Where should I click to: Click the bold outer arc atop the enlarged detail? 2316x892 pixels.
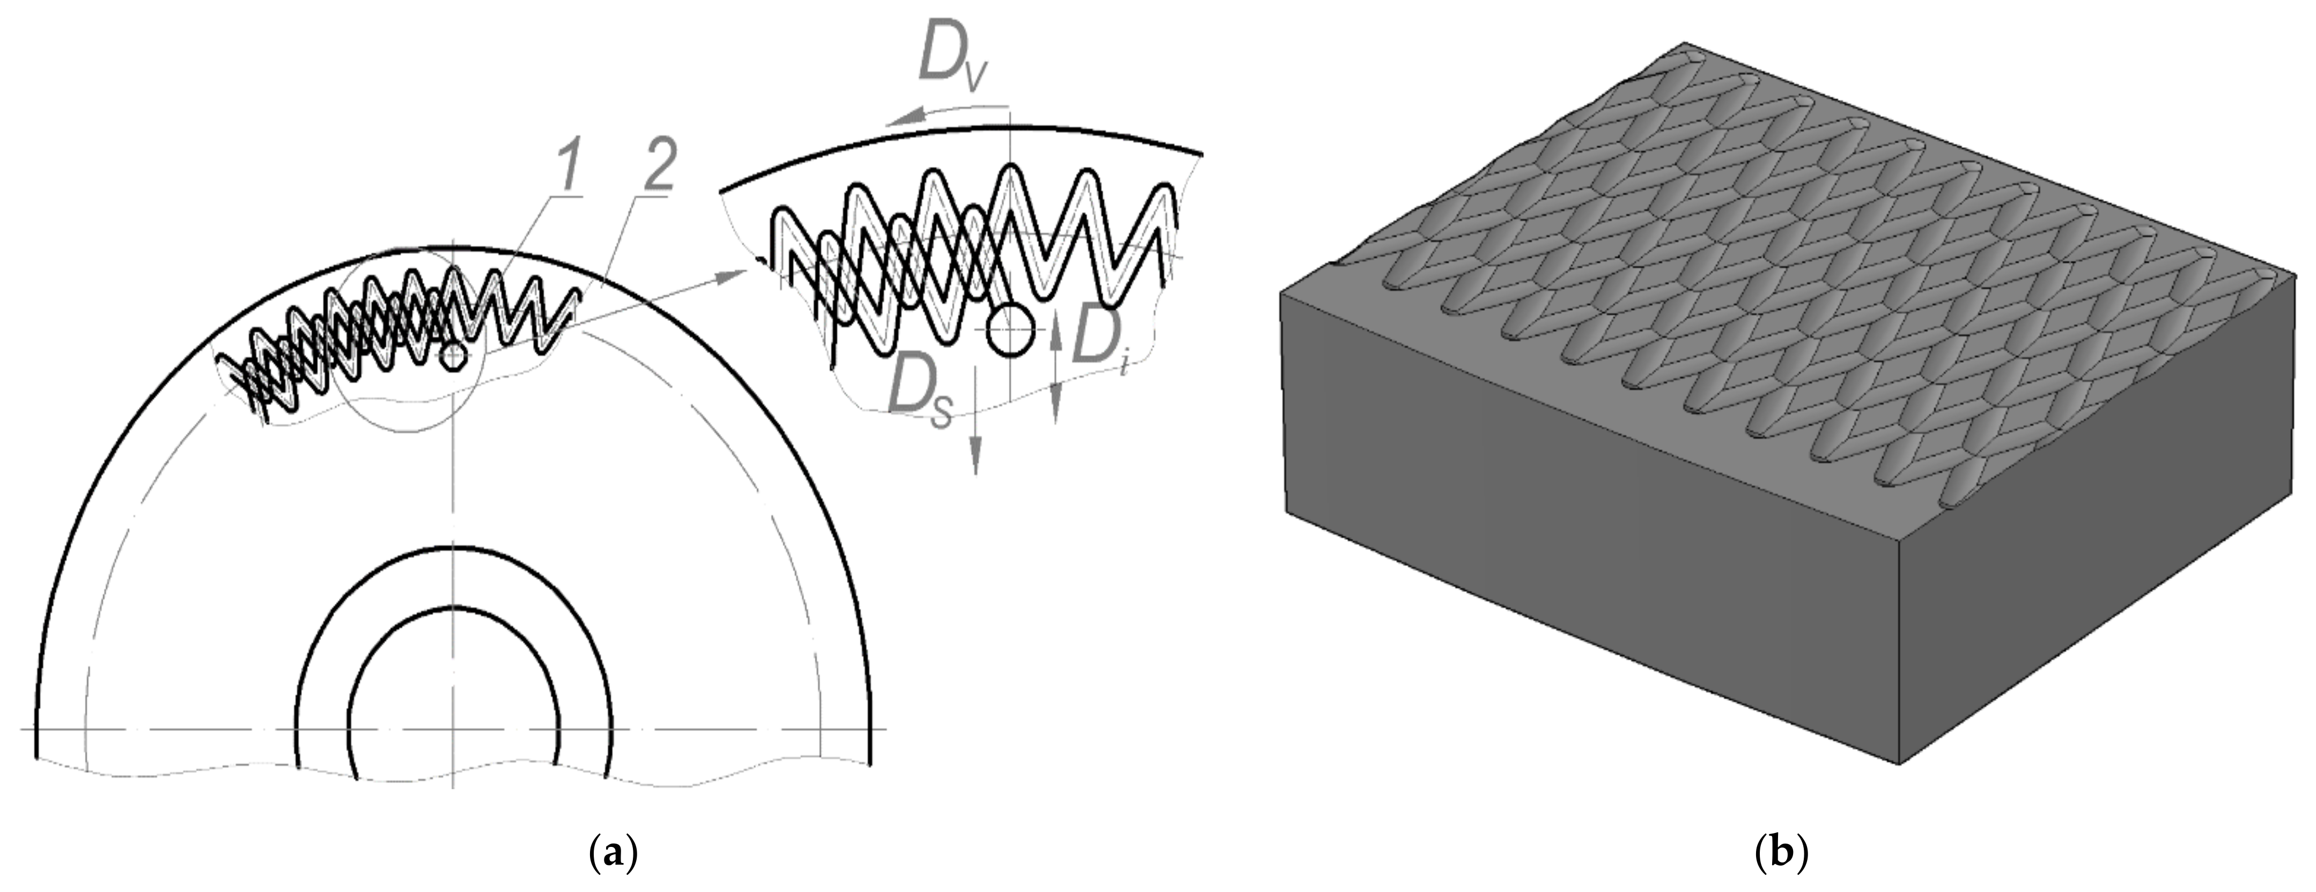(x=962, y=133)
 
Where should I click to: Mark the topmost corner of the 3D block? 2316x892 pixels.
(x=1683, y=43)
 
